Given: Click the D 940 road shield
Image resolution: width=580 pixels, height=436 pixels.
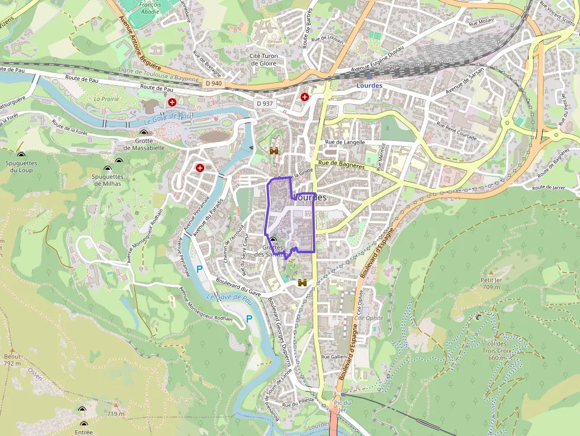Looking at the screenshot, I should click(214, 84).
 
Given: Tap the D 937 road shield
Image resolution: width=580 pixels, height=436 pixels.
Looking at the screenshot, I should click(265, 104).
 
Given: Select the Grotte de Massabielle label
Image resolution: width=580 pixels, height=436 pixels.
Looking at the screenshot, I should click(144, 144).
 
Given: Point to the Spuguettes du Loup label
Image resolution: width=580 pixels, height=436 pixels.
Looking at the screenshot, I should click(20, 166).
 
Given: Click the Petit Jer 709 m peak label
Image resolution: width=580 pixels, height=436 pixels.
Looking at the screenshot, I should click(491, 283).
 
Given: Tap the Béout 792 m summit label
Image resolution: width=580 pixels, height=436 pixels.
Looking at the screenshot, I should click(12, 360).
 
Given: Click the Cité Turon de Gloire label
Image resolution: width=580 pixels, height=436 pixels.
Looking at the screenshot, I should click(264, 59).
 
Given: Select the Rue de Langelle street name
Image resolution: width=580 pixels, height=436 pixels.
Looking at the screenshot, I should click(346, 143).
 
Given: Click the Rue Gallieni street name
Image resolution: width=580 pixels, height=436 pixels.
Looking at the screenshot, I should click(334, 357).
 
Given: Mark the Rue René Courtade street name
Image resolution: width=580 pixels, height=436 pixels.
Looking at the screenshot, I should click(456, 130).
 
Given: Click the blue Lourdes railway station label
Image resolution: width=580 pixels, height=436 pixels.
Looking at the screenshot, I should click(370, 85).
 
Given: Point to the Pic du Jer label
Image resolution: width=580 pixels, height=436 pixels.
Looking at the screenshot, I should click(343, 406).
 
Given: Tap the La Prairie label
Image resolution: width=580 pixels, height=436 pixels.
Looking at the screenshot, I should click(107, 99).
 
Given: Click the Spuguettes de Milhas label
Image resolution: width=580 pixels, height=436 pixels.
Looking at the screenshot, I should click(108, 180).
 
